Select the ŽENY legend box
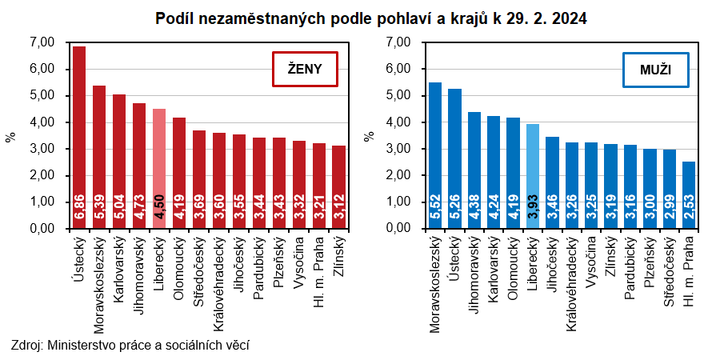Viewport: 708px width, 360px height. (x=304, y=70)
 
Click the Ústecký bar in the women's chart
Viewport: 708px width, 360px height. (x=79, y=136)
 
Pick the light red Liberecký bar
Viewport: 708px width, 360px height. (x=159, y=168)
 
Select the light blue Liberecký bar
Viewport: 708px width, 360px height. (x=533, y=176)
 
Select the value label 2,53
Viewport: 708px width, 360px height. (x=689, y=209)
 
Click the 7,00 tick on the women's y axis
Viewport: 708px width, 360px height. (x=41, y=42)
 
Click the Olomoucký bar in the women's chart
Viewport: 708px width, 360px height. (x=179, y=173)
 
